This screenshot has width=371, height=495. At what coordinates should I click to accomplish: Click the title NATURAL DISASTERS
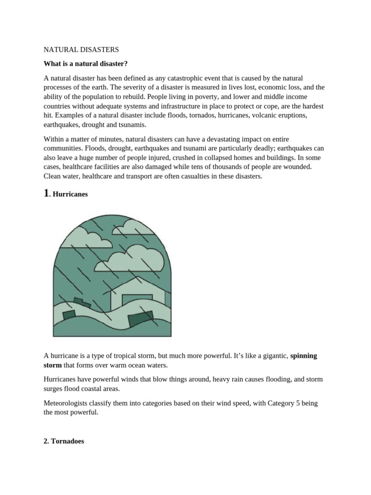(81, 50)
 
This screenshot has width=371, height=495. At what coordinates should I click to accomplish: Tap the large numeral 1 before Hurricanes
(46, 193)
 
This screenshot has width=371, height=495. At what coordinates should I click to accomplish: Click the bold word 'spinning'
(303, 356)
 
